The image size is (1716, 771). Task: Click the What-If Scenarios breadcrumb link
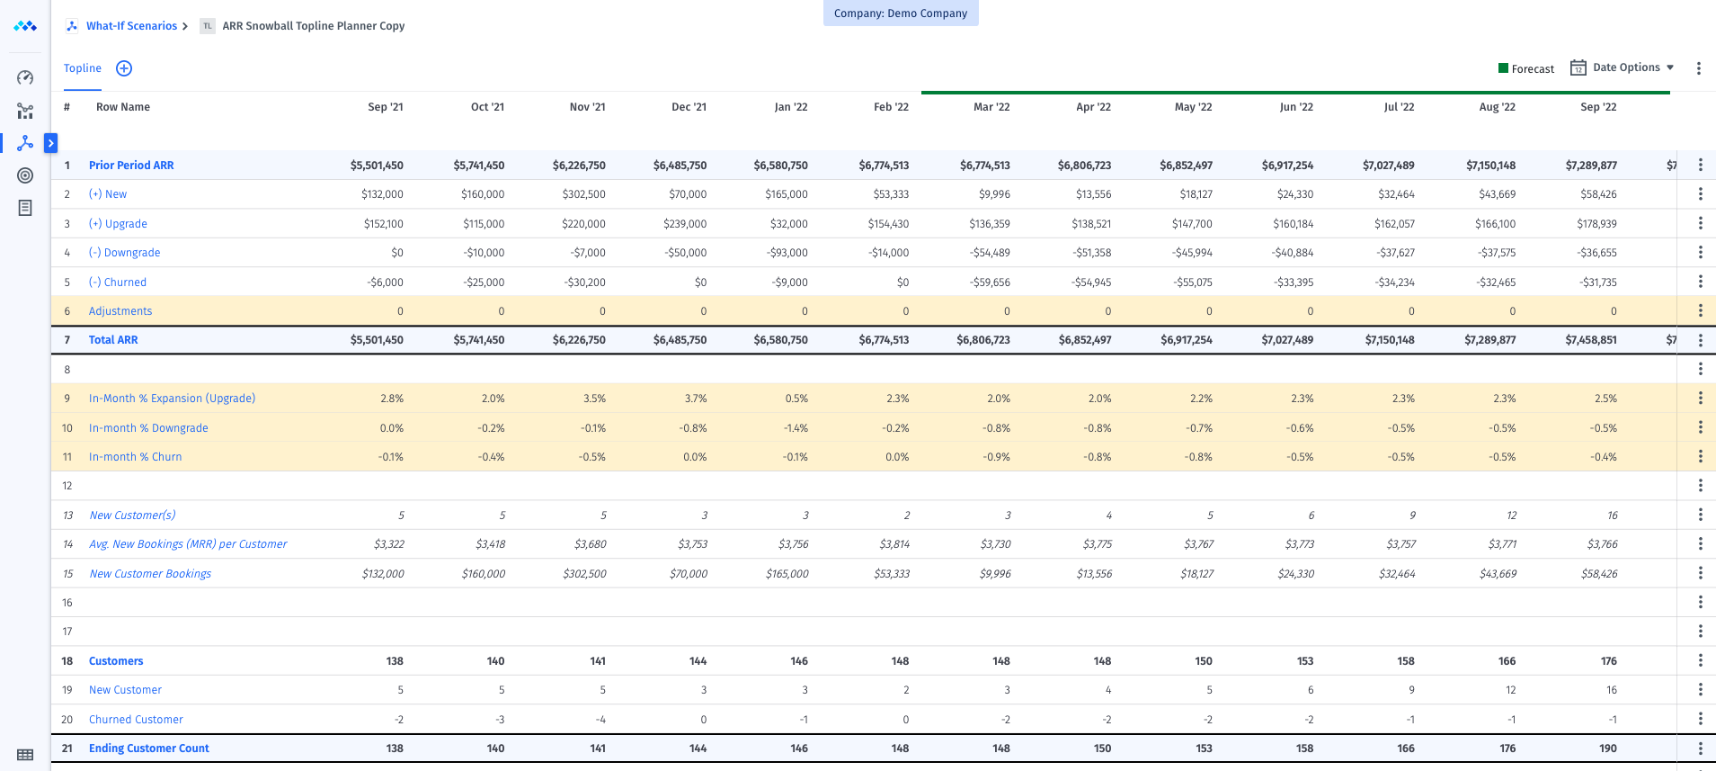pyautogui.click(x=131, y=26)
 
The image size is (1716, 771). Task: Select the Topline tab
pyautogui.click(x=83, y=68)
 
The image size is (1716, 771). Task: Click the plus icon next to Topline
pyautogui.click(x=124, y=68)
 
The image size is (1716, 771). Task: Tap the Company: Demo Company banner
pyautogui.click(x=901, y=13)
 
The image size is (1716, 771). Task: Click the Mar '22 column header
pyautogui.click(x=991, y=107)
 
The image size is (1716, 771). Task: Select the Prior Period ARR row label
pyautogui.click(x=131, y=166)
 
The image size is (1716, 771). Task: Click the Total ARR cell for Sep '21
pyautogui.click(x=377, y=340)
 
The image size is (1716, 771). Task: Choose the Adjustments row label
pyautogui.click(x=120, y=311)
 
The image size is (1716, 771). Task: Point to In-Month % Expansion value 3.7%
pyautogui.click(x=695, y=399)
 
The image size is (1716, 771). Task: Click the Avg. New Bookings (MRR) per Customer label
pyautogui.click(x=188, y=544)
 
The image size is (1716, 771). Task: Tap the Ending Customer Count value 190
pyautogui.click(x=1607, y=749)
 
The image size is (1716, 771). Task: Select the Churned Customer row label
pyautogui.click(x=136, y=720)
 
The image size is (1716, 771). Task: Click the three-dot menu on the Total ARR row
pyautogui.click(x=1700, y=340)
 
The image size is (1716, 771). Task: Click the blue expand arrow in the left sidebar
pyautogui.click(x=51, y=142)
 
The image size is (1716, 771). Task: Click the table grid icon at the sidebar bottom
pyautogui.click(x=25, y=755)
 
